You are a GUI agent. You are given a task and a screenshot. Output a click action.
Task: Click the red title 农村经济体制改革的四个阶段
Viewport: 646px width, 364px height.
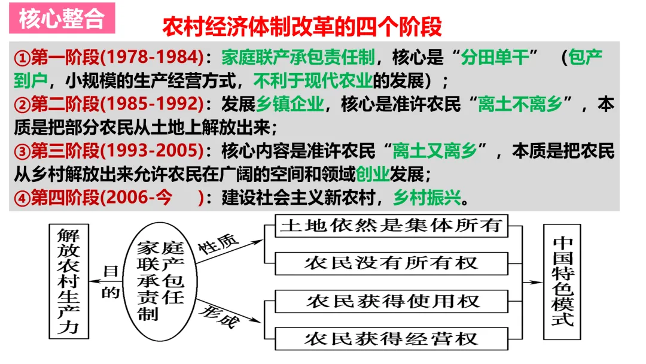tap(302, 27)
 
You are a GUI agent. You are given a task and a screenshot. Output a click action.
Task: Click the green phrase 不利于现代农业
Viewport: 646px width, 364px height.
tap(312, 80)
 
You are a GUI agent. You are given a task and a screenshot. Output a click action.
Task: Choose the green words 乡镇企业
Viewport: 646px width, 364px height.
tap(290, 104)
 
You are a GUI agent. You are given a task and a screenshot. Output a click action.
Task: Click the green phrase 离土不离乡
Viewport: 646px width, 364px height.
tap(520, 104)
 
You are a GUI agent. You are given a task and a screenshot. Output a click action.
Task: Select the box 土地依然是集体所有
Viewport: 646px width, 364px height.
tap(390, 226)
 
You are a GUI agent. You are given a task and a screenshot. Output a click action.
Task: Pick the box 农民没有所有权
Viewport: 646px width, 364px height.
tap(390, 262)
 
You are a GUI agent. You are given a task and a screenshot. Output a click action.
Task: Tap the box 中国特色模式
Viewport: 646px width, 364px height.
tap(562, 281)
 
